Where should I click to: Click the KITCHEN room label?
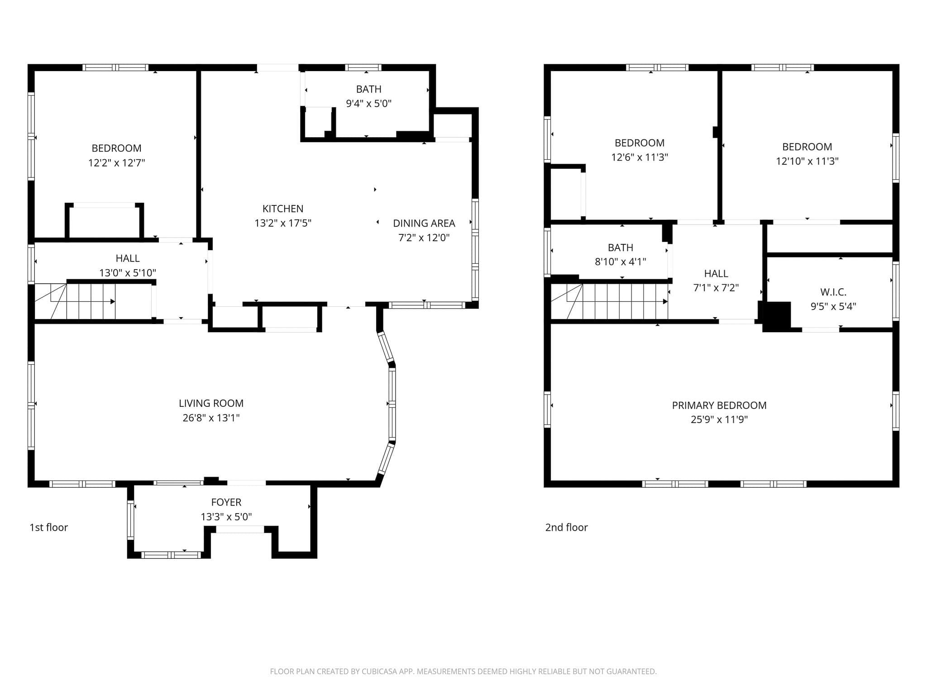pos(283,209)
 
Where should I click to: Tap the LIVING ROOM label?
pos(211,403)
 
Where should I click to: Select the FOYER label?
pos(226,502)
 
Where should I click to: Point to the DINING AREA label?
pos(424,223)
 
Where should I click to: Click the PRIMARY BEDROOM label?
pos(719,405)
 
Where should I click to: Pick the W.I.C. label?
pos(833,292)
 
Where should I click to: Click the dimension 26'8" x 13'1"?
pos(211,418)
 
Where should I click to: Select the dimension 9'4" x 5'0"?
pos(369,104)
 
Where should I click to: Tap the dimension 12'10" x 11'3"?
pos(807,161)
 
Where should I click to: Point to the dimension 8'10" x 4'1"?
pos(621,262)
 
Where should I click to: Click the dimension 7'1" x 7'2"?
pos(716,288)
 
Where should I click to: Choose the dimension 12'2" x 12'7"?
pos(116,163)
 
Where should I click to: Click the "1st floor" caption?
pos(48,527)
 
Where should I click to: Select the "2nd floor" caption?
pos(566,527)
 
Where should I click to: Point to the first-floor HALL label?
pos(128,258)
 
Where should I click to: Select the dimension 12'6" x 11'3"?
pos(640,157)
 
